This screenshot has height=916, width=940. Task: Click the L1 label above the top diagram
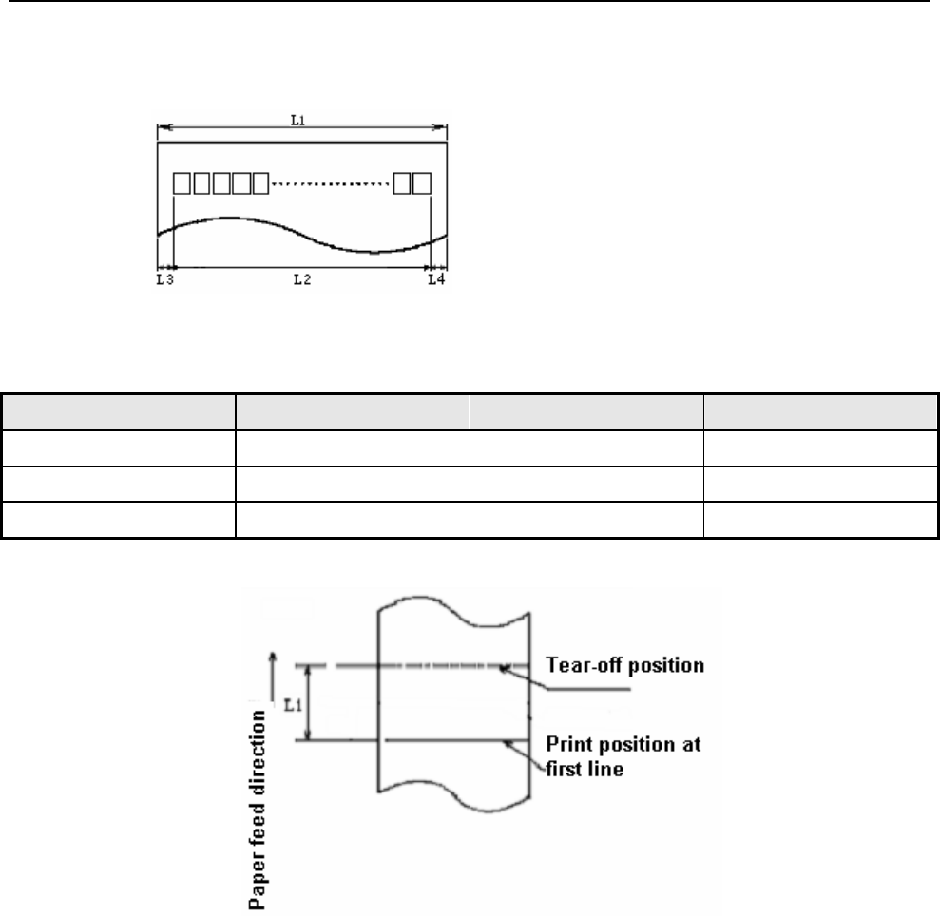[x=297, y=120]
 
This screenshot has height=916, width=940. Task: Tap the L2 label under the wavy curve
[x=300, y=279]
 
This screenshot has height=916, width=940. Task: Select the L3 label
[x=164, y=279]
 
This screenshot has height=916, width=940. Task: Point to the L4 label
[x=435, y=279]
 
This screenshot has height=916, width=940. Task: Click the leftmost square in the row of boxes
[x=182, y=182]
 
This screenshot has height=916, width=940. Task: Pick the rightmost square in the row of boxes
[x=422, y=182]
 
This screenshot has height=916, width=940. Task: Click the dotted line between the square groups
[x=332, y=182]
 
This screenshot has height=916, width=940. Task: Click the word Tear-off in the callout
[x=578, y=666]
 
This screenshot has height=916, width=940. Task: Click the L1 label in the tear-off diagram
[x=296, y=706]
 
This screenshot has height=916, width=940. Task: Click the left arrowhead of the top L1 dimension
[x=161, y=125]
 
